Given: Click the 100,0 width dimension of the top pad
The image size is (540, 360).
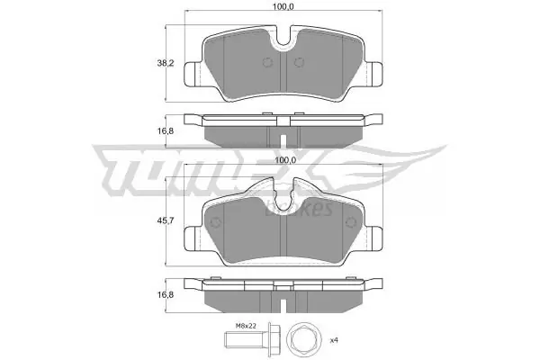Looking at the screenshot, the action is pyautogui.click(x=283, y=6).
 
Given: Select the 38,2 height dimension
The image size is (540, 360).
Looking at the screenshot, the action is pyautogui.click(x=166, y=63).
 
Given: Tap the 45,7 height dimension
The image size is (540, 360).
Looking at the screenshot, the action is pyautogui.click(x=166, y=220).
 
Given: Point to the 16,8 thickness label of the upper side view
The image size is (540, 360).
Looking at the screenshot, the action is pyautogui.click(x=166, y=130).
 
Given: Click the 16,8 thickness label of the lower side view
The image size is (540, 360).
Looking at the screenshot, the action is pyautogui.click(x=166, y=294).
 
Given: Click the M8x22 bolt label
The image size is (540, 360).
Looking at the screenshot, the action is pyautogui.click(x=246, y=326).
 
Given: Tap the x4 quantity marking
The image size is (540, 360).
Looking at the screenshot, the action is pyautogui.click(x=334, y=340).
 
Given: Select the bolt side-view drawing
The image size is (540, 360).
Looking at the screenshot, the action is pyautogui.click(x=252, y=339).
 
